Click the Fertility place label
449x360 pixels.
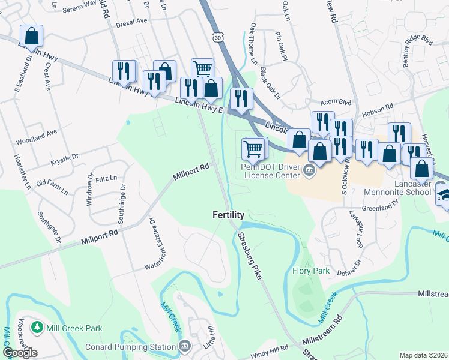[x=229, y=215]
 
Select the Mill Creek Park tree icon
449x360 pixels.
[x=37, y=328]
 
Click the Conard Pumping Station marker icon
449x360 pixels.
[x=185, y=346]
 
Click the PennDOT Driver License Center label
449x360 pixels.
[x=270, y=171]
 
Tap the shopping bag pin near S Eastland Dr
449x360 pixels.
[x=31, y=36]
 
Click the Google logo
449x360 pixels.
[x=20, y=353]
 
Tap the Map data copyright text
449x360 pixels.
[x=424, y=355]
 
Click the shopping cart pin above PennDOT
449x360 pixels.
[x=253, y=148]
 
